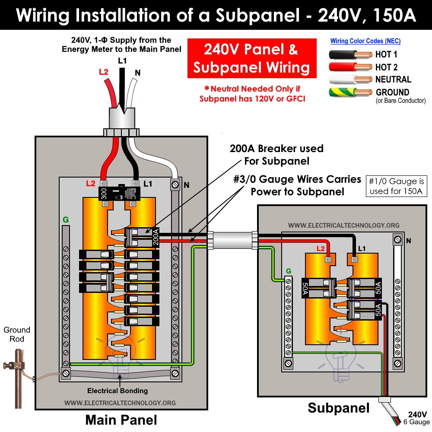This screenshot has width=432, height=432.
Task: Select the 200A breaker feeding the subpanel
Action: [x=143, y=237]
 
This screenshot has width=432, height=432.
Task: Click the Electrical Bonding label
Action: [x=118, y=391]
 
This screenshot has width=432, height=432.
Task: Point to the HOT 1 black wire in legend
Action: [x=350, y=55]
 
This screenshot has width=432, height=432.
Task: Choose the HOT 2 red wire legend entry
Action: [x=350, y=67]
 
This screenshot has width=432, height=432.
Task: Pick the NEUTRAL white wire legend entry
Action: [x=350, y=79]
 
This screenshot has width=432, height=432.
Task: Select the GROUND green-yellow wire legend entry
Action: [x=350, y=92]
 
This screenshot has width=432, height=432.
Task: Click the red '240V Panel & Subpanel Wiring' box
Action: [x=251, y=59]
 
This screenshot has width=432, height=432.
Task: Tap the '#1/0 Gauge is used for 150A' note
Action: [x=396, y=186]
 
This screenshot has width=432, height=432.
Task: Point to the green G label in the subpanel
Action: [x=289, y=271]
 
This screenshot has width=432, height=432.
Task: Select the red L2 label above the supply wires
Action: [x=103, y=72]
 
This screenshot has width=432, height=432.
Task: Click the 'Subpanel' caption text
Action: [x=338, y=408]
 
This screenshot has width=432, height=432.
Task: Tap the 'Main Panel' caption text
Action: [x=121, y=419]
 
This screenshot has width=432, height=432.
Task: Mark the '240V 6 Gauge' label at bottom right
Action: [x=417, y=418]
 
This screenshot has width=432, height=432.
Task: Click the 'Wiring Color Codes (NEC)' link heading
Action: [x=365, y=41]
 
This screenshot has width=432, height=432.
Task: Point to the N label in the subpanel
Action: [x=408, y=241]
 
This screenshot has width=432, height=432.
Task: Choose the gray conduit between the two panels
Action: [x=232, y=239]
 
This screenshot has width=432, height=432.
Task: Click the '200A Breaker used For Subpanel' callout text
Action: [x=276, y=155]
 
